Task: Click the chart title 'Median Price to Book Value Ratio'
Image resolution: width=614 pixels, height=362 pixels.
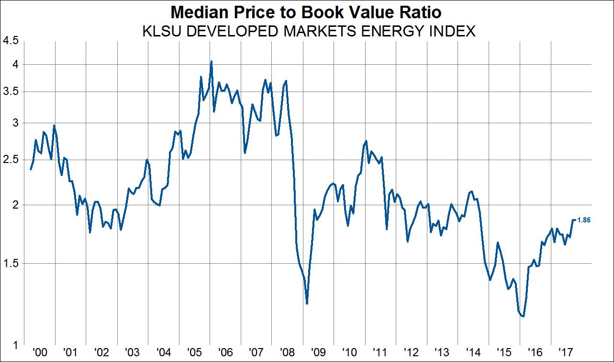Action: click(306, 12)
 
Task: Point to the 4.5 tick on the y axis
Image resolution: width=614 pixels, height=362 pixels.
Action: click(11, 41)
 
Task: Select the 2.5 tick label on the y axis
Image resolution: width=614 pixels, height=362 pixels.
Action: click(11, 160)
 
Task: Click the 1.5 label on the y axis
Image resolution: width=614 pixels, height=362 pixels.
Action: click(11, 263)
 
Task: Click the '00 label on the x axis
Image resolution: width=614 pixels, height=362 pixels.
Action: click(39, 352)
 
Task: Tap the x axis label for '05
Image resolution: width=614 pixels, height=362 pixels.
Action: click(194, 352)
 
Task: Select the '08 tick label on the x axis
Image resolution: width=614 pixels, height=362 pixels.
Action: click(287, 352)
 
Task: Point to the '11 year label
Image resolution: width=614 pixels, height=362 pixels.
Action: click(380, 352)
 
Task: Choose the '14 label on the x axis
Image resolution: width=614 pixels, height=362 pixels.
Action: click(472, 352)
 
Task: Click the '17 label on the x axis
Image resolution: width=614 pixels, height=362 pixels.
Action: click(566, 352)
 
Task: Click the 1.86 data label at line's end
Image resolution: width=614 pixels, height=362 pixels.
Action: click(584, 220)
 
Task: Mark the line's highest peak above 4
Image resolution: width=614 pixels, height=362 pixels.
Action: click(211, 61)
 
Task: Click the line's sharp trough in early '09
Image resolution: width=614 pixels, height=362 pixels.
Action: click(307, 303)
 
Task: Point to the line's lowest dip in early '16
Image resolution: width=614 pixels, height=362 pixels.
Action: click(524, 316)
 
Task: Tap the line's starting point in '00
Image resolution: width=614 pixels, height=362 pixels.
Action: click(31, 169)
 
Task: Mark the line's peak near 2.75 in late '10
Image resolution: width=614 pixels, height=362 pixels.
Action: click(366, 141)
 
